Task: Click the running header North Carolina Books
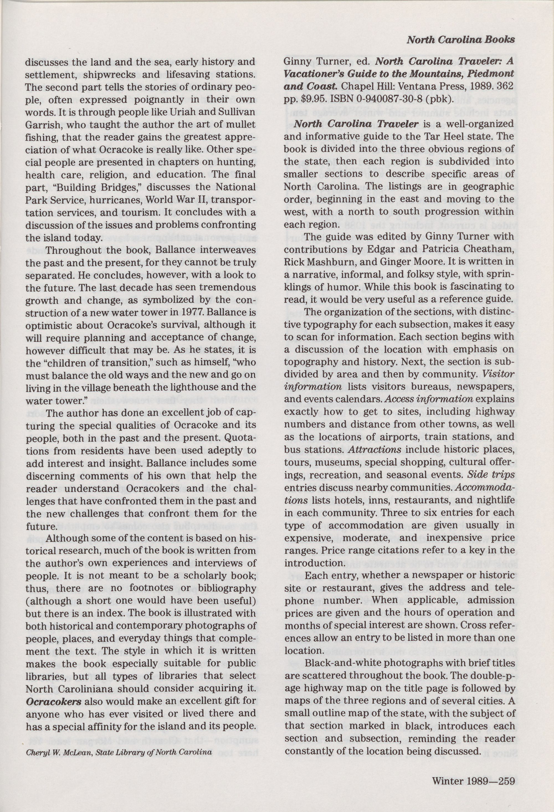pyautogui.click(x=460, y=40)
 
